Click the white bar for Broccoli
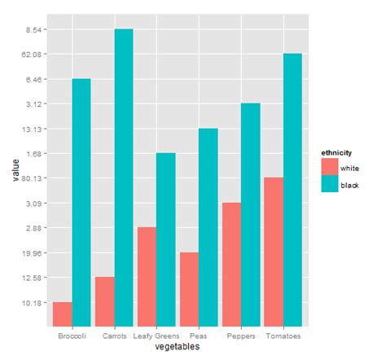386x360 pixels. pos(63,314)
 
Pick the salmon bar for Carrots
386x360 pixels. pos(105,301)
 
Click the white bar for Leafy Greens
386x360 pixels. pos(147,276)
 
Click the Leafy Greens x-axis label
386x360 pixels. pos(156,336)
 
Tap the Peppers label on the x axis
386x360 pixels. pos(241,336)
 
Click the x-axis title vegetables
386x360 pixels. pos(177,347)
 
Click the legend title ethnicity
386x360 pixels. pos(336,153)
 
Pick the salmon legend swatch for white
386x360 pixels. pos(330,167)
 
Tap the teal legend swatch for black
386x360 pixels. pos(330,185)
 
